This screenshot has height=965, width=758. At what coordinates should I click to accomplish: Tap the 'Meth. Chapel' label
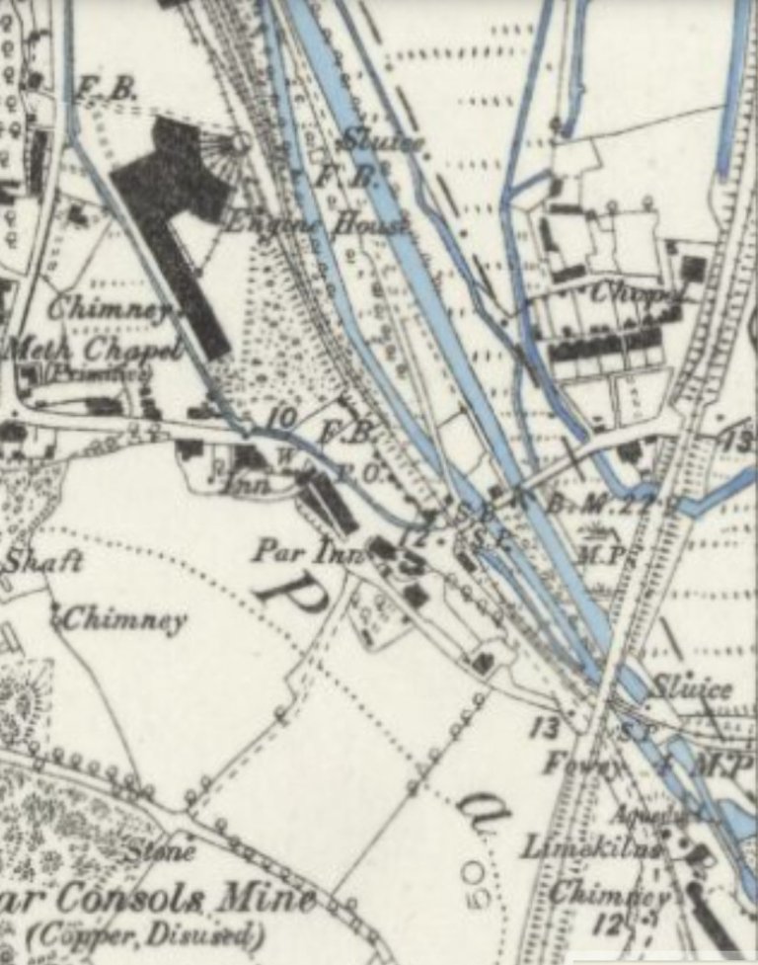click(x=94, y=349)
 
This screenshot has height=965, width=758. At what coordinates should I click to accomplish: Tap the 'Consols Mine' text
click(x=184, y=899)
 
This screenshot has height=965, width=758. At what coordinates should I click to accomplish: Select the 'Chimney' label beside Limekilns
click(x=610, y=895)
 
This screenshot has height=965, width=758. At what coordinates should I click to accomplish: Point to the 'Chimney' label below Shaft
click(x=124, y=621)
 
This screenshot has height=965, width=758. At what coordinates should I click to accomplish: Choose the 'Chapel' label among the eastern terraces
click(x=638, y=293)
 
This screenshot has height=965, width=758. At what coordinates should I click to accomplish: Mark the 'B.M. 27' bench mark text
click(x=581, y=505)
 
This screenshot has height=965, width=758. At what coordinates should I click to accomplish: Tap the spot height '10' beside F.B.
click(x=282, y=418)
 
